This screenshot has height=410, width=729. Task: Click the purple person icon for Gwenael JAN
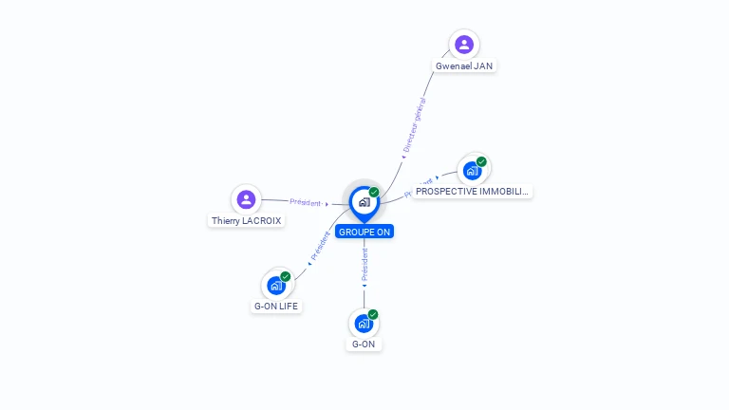(463, 44)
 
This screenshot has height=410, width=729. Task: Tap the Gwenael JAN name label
(464, 66)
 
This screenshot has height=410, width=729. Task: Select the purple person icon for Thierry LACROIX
(246, 199)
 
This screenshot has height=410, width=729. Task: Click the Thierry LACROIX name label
(247, 221)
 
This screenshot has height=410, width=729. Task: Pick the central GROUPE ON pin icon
(364, 202)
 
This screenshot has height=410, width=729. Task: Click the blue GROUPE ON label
(364, 232)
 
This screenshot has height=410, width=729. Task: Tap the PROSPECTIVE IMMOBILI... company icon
(472, 172)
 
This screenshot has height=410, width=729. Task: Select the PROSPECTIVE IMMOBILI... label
(472, 192)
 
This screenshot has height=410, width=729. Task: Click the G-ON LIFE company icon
(276, 285)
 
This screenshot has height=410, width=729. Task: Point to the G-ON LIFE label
(276, 307)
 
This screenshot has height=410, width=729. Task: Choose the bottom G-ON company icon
(364, 324)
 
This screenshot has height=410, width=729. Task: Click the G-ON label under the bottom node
(364, 345)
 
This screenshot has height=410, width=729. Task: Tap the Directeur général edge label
(414, 125)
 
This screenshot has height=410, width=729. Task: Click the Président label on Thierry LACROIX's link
(306, 202)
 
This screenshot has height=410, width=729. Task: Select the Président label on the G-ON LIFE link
(321, 247)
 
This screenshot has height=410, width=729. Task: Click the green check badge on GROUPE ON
(374, 193)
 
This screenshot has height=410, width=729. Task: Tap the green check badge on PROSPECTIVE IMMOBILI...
(481, 162)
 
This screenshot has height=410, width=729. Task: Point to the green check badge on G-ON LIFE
(286, 276)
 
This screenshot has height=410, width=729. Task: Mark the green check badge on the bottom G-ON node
(373, 314)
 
